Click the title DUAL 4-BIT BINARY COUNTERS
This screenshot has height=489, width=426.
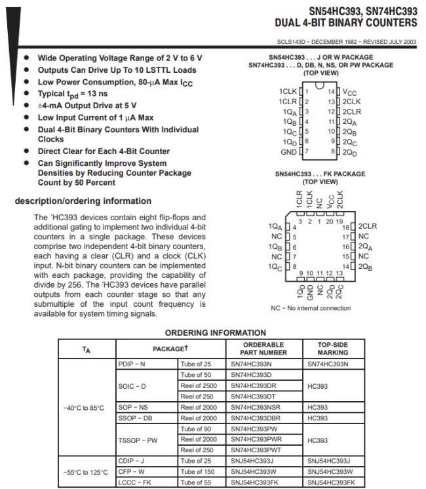(345, 23)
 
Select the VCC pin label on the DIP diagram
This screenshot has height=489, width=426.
(350, 92)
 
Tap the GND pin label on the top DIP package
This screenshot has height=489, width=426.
(288, 152)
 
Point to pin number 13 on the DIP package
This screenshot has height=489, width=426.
(332, 102)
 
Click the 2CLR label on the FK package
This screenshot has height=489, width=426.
(368, 226)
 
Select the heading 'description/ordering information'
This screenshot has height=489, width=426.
(83, 201)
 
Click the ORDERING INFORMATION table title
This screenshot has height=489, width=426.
(215, 332)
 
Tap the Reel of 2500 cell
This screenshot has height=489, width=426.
(198, 385)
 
